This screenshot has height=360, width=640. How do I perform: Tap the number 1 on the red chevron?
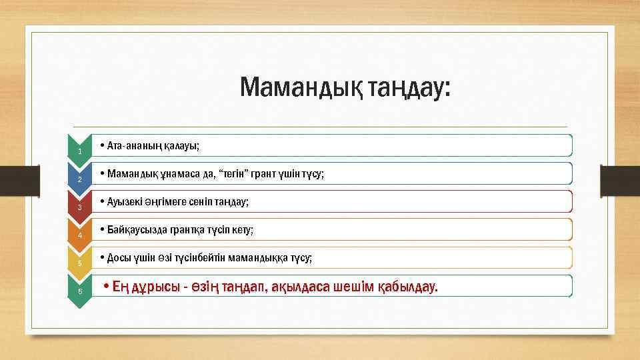point(80,153)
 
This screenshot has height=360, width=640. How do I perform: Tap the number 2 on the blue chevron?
point(80,181)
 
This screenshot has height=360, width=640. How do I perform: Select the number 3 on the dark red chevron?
point(80,208)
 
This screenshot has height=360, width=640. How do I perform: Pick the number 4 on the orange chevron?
point(80,236)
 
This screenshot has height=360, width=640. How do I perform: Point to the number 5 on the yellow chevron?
point(80,264)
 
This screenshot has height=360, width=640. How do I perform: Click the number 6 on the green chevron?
point(80,291)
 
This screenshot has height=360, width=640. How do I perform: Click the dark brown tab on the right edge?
point(619,181)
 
